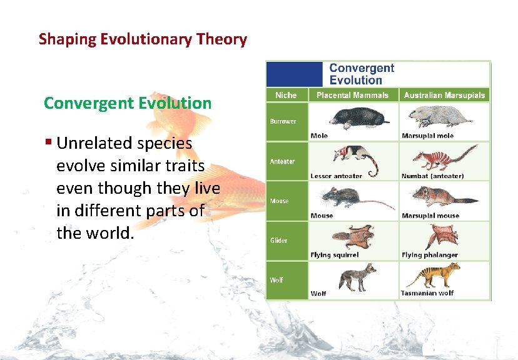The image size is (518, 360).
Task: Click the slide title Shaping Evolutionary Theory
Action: [143, 39]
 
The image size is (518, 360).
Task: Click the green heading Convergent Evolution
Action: [128, 102]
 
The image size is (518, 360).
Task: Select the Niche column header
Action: [287, 95]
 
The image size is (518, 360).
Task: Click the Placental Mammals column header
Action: [352, 95]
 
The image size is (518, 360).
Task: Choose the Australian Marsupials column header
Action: [444, 95]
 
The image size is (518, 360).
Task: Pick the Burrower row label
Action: [283, 121]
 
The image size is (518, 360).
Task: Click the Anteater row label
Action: [282, 161]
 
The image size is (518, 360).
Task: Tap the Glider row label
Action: [279, 241]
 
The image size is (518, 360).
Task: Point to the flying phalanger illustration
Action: [442, 237]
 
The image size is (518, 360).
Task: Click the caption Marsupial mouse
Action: [430, 216]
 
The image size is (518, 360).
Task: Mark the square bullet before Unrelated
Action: [48, 143]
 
